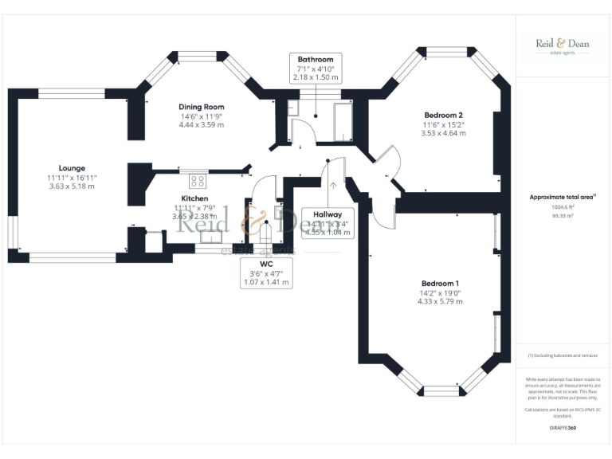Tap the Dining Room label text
pyautogui.click(x=201, y=107)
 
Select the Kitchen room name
pyautogui.click(x=194, y=198)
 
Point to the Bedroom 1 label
pyautogui.click(x=440, y=284)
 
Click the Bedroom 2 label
pyautogui.click(x=443, y=115)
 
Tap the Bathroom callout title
pyautogui.click(x=316, y=60)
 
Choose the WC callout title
pyautogui.click(x=267, y=264)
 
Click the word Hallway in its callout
pyautogui.click(x=327, y=214)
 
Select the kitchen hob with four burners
pyautogui.click(x=197, y=181)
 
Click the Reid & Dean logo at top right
pyautogui.click(x=563, y=45)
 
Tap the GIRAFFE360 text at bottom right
pyautogui.click(x=562, y=428)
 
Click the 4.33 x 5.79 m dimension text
pyautogui.click(x=441, y=302)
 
